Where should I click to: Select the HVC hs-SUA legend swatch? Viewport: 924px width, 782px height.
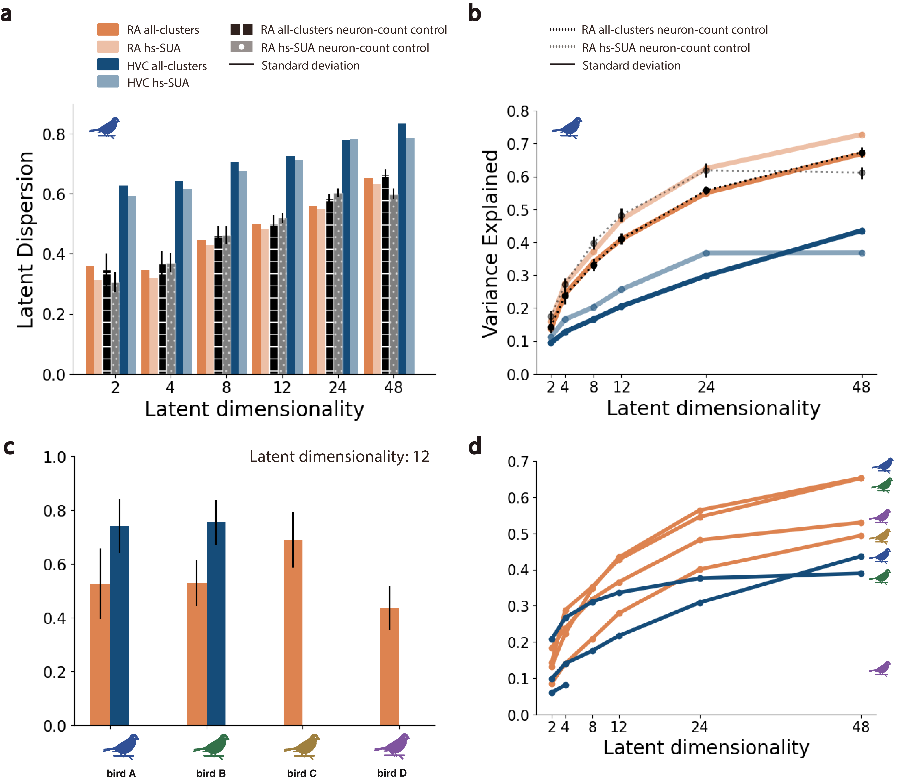pos(108,82)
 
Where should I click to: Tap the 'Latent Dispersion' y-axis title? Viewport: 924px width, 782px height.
pos(26,239)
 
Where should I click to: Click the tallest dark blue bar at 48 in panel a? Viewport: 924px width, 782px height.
pos(402,248)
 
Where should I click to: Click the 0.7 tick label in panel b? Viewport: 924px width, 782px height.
pos(518,144)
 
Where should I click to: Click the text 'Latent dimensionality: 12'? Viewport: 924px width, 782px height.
pos(339,457)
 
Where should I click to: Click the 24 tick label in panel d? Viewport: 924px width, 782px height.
pos(699,727)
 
